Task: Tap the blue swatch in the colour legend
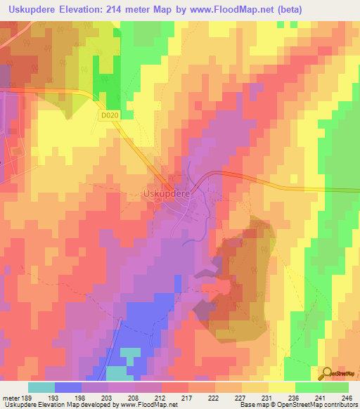coord(68,387)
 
